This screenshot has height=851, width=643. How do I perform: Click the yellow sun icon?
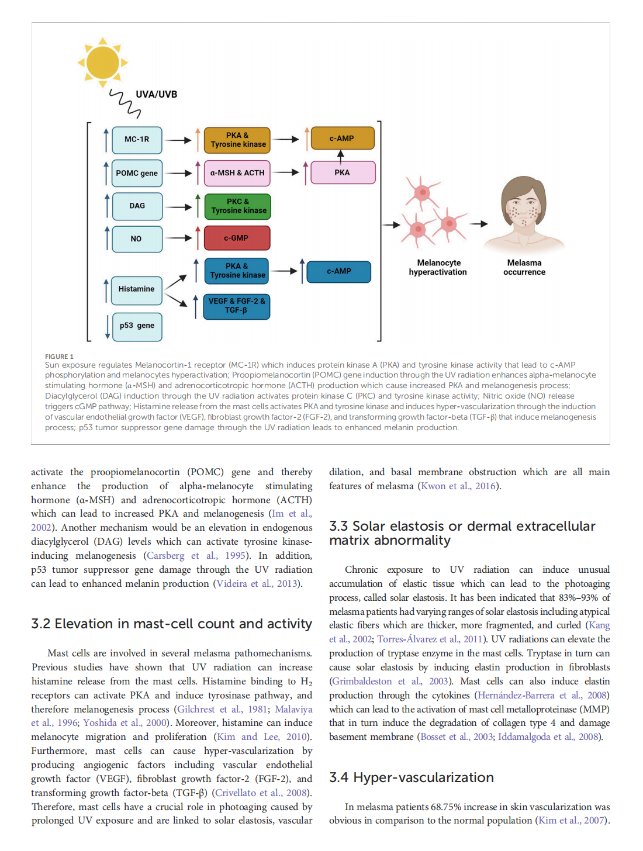click(103, 63)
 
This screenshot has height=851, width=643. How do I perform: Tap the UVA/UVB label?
click(156, 95)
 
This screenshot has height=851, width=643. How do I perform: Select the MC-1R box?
click(137, 140)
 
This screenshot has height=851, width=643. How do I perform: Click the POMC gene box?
click(137, 173)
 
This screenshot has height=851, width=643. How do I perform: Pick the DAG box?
click(137, 206)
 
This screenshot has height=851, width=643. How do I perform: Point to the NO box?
click(137, 238)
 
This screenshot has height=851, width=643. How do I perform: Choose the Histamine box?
click(137, 289)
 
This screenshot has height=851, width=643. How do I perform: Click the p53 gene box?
click(137, 326)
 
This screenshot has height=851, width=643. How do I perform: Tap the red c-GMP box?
click(237, 238)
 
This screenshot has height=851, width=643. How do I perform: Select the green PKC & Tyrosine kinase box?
click(238, 206)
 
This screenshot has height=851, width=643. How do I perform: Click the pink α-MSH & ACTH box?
click(237, 173)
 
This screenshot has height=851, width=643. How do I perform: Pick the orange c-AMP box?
click(342, 139)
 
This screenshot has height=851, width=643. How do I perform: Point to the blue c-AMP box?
click(339, 271)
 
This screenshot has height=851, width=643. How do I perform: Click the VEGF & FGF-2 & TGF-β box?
click(237, 306)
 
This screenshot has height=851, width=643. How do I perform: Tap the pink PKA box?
click(342, 172)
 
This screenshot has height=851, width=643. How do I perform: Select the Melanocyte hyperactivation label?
click(438, 268)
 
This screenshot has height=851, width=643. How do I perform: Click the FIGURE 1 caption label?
click(60, 357)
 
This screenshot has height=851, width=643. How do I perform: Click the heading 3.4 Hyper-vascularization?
click(412, 777)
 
